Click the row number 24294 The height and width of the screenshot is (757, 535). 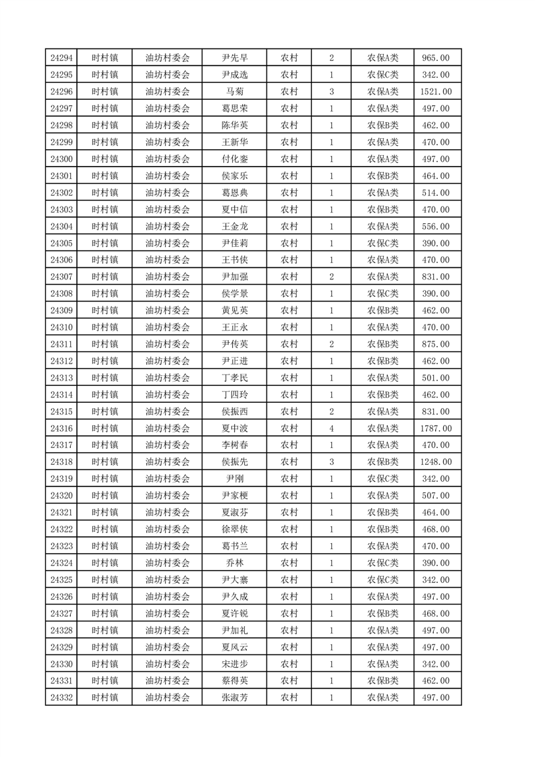pos(61,58)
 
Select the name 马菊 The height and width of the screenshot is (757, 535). pos(234,92)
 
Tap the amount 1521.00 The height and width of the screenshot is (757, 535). pos(436,92)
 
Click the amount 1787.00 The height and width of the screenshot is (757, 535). pos(436,428)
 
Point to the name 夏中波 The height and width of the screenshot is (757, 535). pos(234,428)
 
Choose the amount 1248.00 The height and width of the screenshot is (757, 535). pos(436,462)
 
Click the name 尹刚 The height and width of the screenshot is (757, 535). pos(234,479)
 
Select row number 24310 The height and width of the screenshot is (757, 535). pos(61,327)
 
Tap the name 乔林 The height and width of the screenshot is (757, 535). pos(234,563)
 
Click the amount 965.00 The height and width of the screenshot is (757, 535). pos(436,58)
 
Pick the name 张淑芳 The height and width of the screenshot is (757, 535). pos(234,698)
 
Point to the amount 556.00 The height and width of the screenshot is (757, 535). pos(436,226)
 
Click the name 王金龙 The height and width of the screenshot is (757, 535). pos(234,226)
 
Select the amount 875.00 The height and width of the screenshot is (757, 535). pos(436,344)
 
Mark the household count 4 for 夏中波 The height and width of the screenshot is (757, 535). pos(331,428)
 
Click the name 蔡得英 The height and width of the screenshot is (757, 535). pos(234,681)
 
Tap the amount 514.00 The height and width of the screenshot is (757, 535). pos(436,193)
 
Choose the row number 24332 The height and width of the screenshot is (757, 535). pos(61,698)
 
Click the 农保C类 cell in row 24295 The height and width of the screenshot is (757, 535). pos(383,75)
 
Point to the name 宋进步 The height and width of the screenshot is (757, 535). pos(234,664)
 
